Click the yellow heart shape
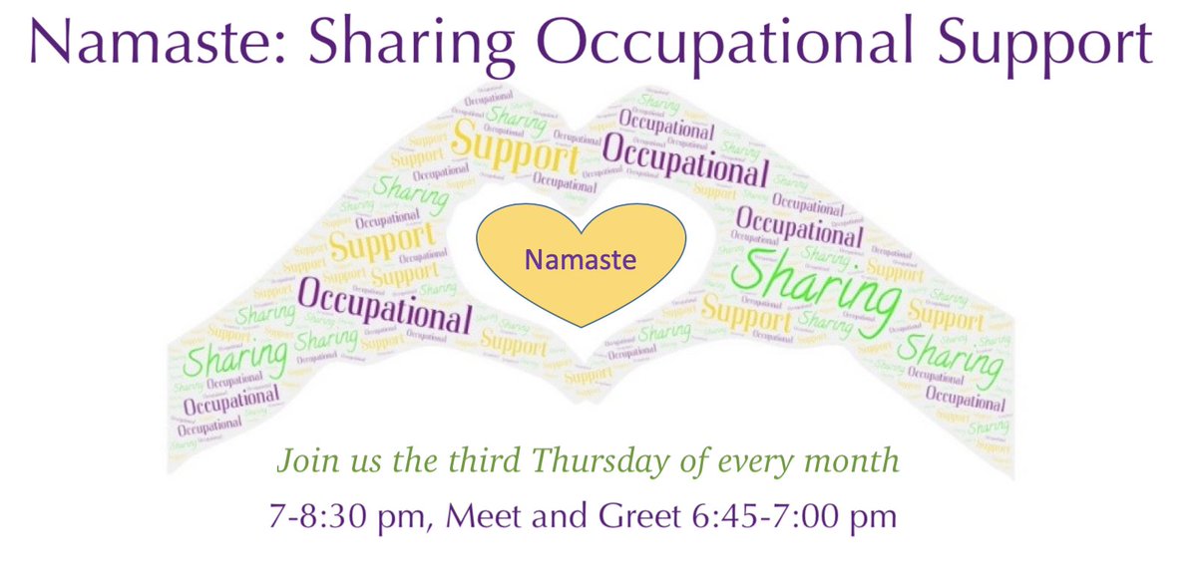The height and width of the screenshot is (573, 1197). [581, 264]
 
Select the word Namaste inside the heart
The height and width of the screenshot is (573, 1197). [581, 261]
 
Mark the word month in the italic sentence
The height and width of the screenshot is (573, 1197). [865, 462]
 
